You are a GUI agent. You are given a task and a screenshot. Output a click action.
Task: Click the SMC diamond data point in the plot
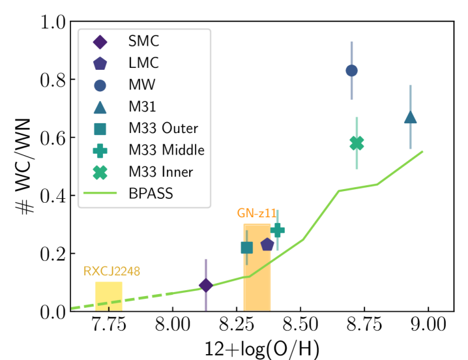coord(206,285)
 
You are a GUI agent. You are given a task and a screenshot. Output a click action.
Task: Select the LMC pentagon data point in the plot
coord(267,245)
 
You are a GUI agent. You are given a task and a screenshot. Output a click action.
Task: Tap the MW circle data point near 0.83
coord(351,70)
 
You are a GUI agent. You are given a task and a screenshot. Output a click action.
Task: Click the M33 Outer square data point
coord(246,247)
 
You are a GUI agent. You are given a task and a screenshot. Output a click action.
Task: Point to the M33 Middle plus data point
coord(278,230)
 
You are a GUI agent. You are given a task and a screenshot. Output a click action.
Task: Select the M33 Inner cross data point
coord(357,143)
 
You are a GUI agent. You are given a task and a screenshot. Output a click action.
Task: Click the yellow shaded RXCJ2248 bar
coord(108,297)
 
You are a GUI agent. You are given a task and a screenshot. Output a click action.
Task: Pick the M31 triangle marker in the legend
coord(100,107)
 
